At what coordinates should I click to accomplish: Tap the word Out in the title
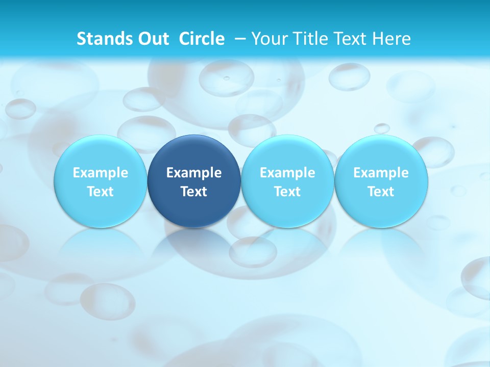coord(153,39)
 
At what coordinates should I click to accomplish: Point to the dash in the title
coord(238,39)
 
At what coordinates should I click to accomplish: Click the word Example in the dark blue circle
coord(194,173)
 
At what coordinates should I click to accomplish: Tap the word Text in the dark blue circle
coord(194,192)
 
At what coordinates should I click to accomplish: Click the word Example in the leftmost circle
coord(101,173)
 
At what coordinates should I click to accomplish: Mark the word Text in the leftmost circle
coord(101,192)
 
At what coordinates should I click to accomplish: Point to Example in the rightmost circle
coord(381,173)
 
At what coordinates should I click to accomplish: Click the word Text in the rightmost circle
coord(381,192)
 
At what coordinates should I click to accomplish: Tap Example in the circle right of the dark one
coord(287,173)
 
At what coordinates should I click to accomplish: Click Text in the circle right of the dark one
coord(287,192)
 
